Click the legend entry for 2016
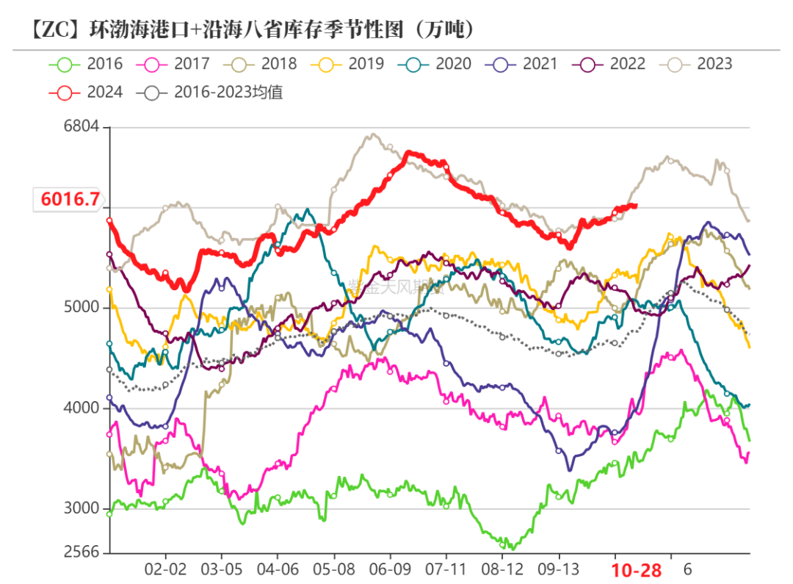coord(86,64)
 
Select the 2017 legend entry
coord(173,64)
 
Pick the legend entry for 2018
coord(260,64)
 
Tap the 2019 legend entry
coord(347,64)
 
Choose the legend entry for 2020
coord(435,64)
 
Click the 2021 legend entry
coord(521,64)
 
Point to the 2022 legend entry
coord(609,64)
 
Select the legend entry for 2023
coord(696,64)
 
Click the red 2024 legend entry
coord(86,93)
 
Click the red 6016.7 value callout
coord(70,199)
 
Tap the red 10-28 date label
coord(637,570)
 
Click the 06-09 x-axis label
coord(390,569)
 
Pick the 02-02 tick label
coord(165,569)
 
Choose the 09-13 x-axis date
coord(559,569)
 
